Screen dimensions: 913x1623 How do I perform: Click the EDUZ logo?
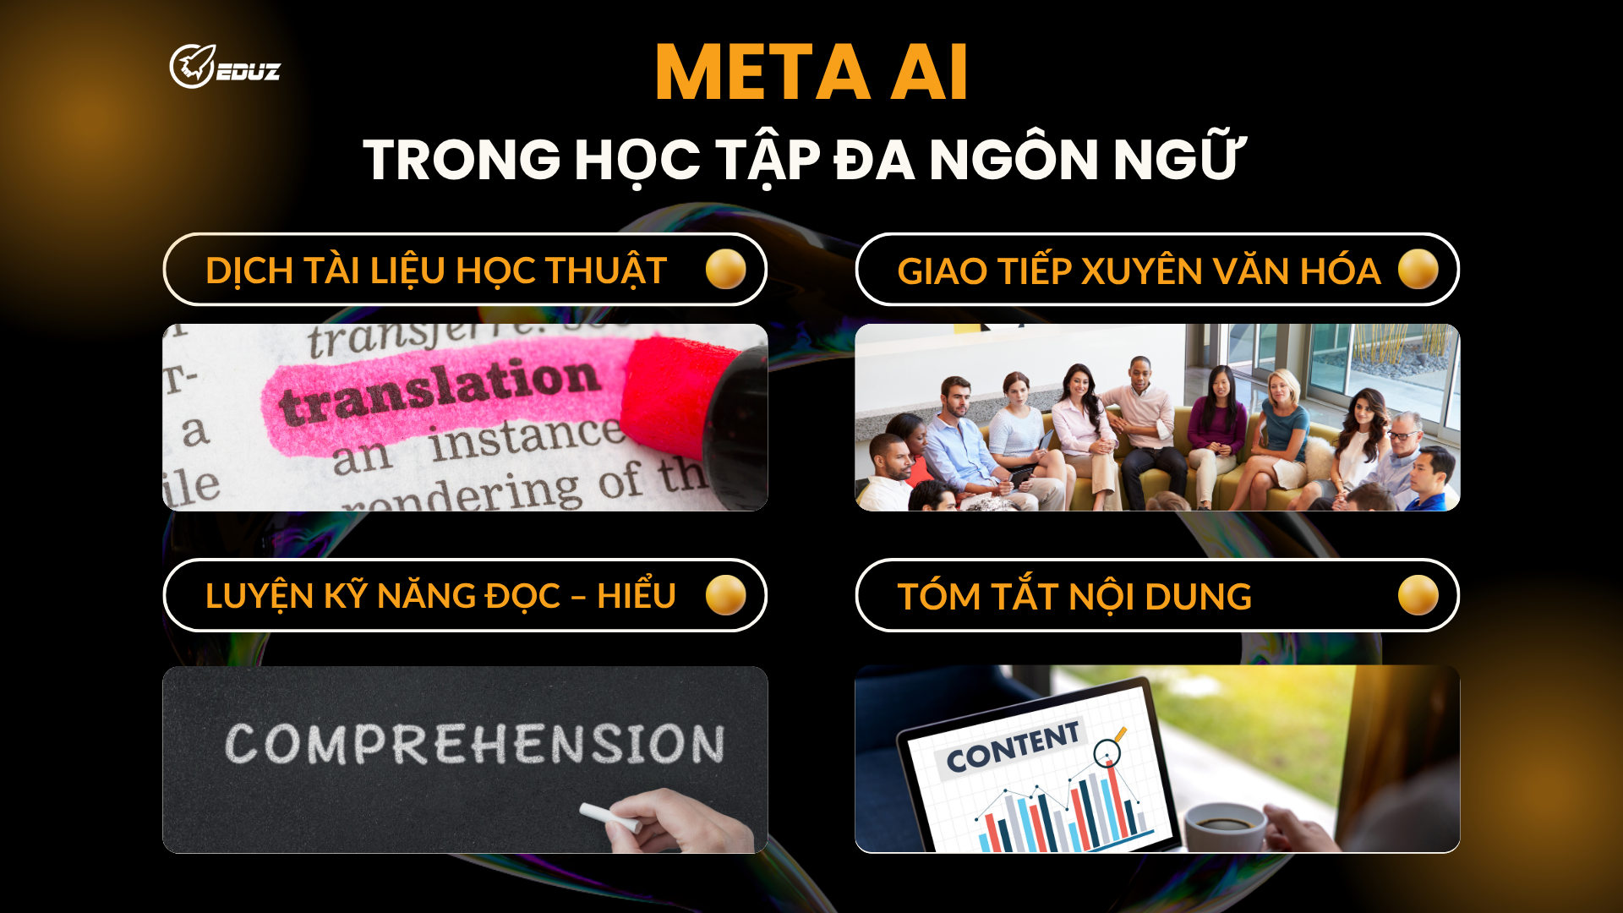pos(224,67)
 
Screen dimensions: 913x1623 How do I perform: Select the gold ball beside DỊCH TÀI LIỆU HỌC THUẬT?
pos(725,270)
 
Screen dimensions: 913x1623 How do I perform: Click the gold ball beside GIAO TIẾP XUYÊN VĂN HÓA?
pos(1418,270)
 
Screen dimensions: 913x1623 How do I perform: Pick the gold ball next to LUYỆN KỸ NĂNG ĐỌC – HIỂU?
pos(725,595)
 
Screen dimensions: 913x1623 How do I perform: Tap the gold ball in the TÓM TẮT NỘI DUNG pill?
pos(1418,595)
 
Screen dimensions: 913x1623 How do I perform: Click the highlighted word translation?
pos(440,391)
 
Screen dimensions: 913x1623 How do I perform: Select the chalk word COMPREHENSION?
pos(474,744)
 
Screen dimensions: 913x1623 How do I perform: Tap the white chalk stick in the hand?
pos(609,817)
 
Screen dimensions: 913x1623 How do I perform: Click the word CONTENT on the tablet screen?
pos(1012,747)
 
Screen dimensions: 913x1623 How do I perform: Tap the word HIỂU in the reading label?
pos(636,596)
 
